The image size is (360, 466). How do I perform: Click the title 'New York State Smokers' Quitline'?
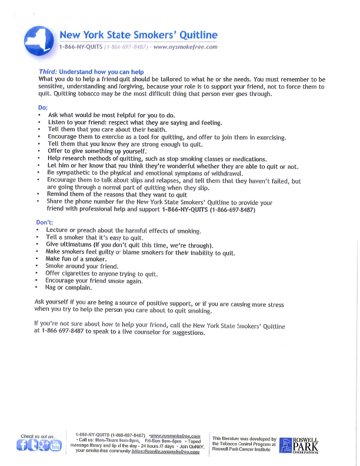click(138, 35)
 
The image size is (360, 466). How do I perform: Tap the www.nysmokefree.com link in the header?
click(185, 47)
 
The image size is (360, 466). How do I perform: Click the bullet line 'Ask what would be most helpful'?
click(111, 115)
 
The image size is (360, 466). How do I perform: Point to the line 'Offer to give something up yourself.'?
click(97, 151)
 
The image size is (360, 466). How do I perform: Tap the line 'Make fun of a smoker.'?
click(76, 259)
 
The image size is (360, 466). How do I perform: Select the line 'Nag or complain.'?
click(69, 288)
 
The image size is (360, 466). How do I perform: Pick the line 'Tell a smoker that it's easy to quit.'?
click(95, 237)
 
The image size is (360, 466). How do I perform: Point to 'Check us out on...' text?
click(39, 437)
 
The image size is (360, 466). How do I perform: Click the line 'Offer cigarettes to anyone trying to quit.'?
click(102, 274)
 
